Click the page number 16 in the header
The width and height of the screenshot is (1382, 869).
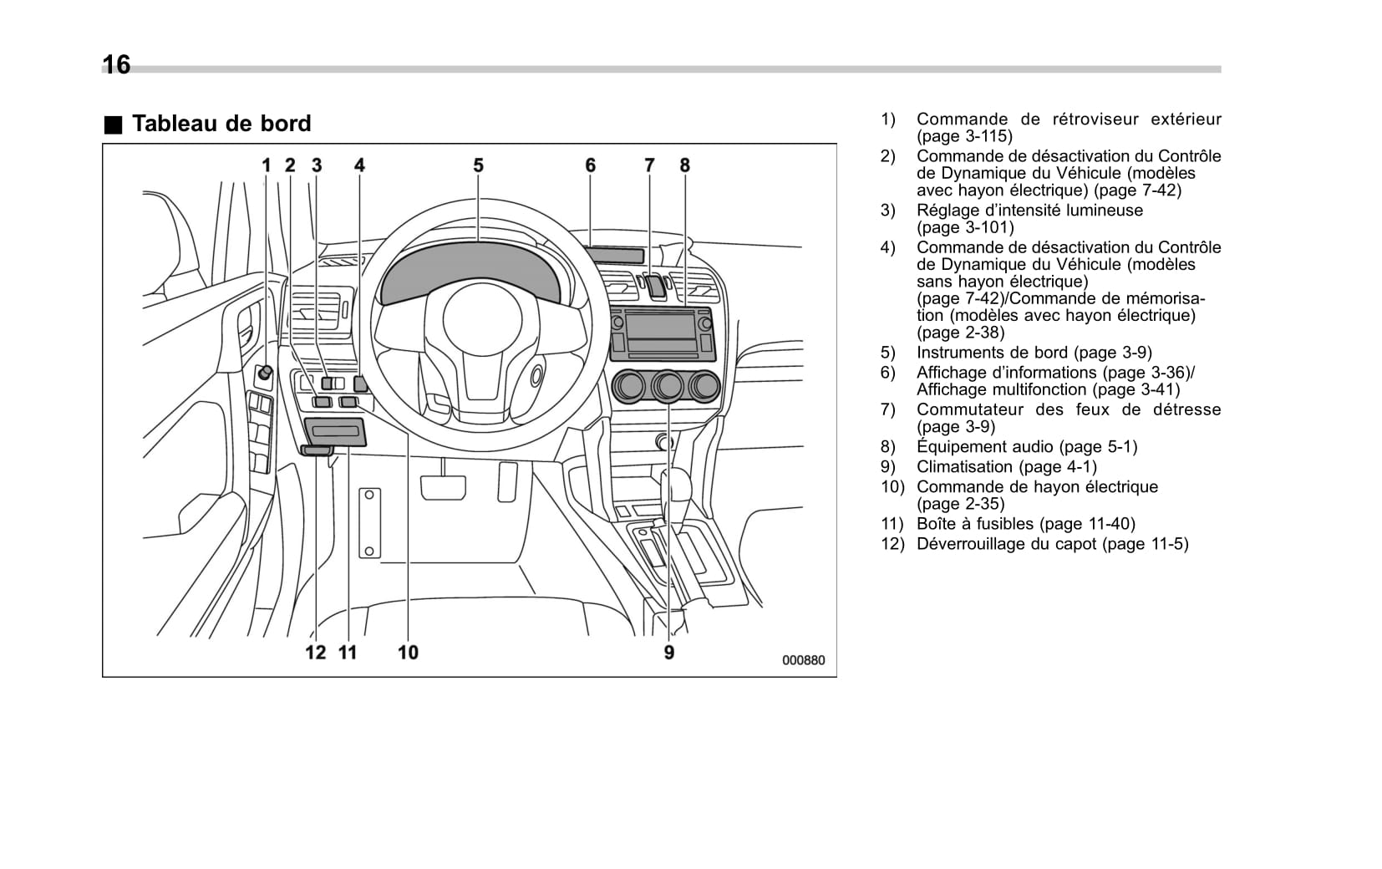tap(116, 64)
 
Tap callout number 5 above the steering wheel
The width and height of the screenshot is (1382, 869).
tap(478, 165)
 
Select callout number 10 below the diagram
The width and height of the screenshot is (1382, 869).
tap(408, 652)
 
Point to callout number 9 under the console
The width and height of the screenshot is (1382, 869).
tap(669, 652)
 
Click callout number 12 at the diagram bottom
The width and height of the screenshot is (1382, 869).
tap(315, 652)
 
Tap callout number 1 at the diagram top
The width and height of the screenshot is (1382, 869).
tap(267, 165)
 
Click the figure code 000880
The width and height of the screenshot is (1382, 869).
tap(803, 660)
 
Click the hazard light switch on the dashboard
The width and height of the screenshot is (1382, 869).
tap(654, 286)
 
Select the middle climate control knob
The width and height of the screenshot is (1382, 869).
tap(668, 386)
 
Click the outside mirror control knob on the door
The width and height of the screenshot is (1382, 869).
tap(265, 374)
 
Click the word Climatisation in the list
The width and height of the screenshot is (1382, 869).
tap(964, 467)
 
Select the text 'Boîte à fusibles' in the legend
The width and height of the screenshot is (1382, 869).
tap(974, 524)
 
